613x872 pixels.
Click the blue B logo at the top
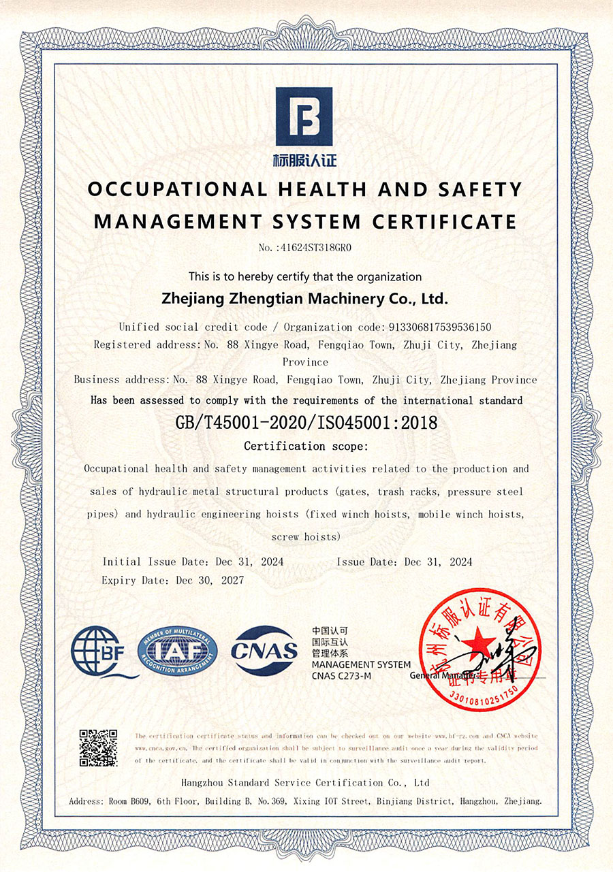tap(304, 116)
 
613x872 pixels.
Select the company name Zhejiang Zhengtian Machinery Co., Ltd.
tap(305, 298)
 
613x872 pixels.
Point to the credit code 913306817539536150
tap(440, 327)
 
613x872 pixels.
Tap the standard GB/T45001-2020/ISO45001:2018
tap(306, 423)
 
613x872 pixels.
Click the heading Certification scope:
tap(306, 447)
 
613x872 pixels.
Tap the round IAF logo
tap(178, 651)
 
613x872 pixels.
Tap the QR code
tap(99, 748)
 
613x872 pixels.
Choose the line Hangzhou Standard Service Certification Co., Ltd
tap(306, 782)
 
